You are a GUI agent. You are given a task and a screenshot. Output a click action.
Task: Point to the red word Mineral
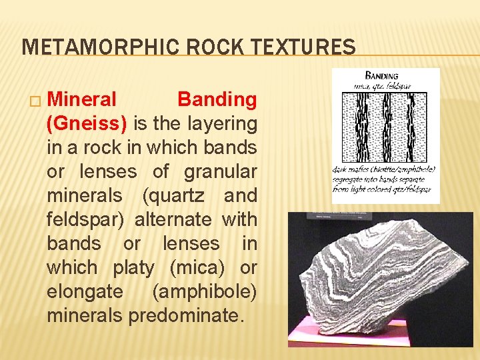pos(83,99)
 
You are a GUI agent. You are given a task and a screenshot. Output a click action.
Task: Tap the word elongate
pos(85,291)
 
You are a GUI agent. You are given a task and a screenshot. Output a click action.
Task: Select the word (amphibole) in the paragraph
pos(204,291)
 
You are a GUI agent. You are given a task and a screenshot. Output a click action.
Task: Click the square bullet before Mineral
pos(35,101)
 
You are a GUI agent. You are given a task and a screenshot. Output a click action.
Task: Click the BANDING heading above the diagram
pos(382,75)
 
